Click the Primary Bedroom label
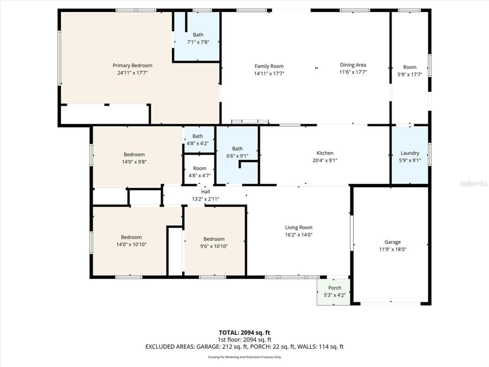point(132,65)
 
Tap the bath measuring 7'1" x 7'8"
point(198,38)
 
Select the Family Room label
point(269,66)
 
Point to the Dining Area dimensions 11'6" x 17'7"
point(353,72)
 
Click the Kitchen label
point(325,153)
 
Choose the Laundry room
point(410,156)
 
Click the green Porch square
point(334,291)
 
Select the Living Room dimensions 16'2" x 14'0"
point(298,235)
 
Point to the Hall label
point(205,192)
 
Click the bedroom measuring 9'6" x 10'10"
point(214,242)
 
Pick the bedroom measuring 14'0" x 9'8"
point(134,158)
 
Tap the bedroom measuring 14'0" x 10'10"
point(131,240)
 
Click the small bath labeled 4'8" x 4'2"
point(198,140)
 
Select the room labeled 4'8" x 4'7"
point(200,172)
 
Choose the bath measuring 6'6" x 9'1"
point(237,151)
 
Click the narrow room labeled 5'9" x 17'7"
point(410,70)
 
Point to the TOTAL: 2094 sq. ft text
point(244,333)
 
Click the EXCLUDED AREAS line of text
point(244,346)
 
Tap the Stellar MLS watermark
point(473,183)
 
